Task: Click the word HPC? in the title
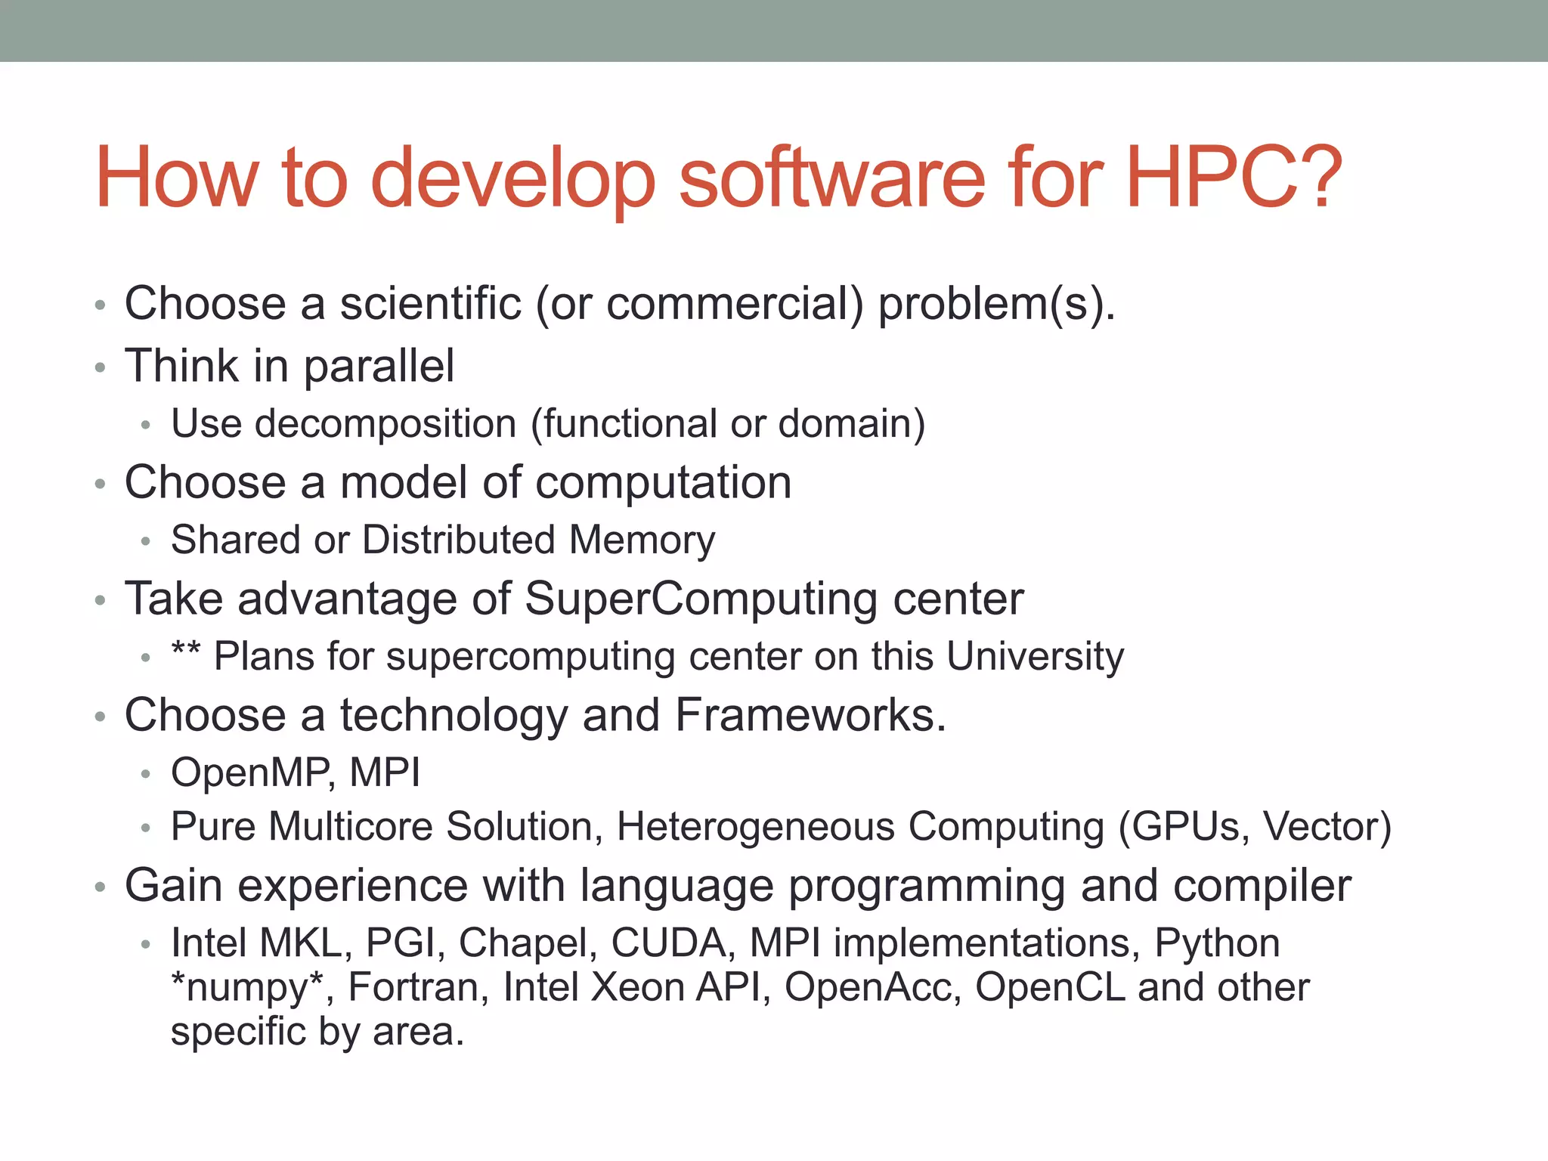coord(1234,178)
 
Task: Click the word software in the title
coord(832,178)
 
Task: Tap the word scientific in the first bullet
coord(430,304)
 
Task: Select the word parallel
coord(379,367)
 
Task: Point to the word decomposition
coord(385,424)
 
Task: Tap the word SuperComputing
coord(701,599)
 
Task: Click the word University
coord(1035,657)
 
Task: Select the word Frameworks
coord(810,716)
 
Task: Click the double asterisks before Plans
coord(186,650)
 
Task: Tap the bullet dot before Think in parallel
coord(101,368)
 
